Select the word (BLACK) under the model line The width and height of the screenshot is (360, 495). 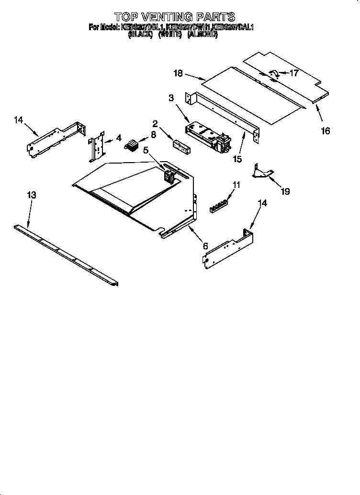click(140, 35)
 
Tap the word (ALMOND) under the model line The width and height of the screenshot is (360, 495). click(202, 35)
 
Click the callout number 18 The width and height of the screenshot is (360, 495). click(178, 73)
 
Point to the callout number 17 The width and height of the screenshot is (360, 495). click(294, 73)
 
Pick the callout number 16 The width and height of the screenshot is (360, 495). click(325, 131)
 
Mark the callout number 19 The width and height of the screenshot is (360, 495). click(285, 191)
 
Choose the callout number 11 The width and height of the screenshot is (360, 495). click(236, 184)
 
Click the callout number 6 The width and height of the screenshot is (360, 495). click(205, 246)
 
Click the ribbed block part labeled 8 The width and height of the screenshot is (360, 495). click(131, 144)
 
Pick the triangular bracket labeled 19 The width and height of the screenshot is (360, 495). click(263, 171)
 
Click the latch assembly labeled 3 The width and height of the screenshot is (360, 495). click(206, 134)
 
